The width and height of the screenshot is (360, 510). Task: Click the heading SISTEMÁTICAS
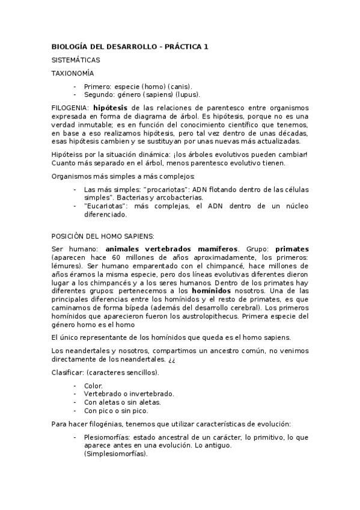pos(75,60)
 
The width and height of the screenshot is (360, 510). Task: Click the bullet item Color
pos(93,386)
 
